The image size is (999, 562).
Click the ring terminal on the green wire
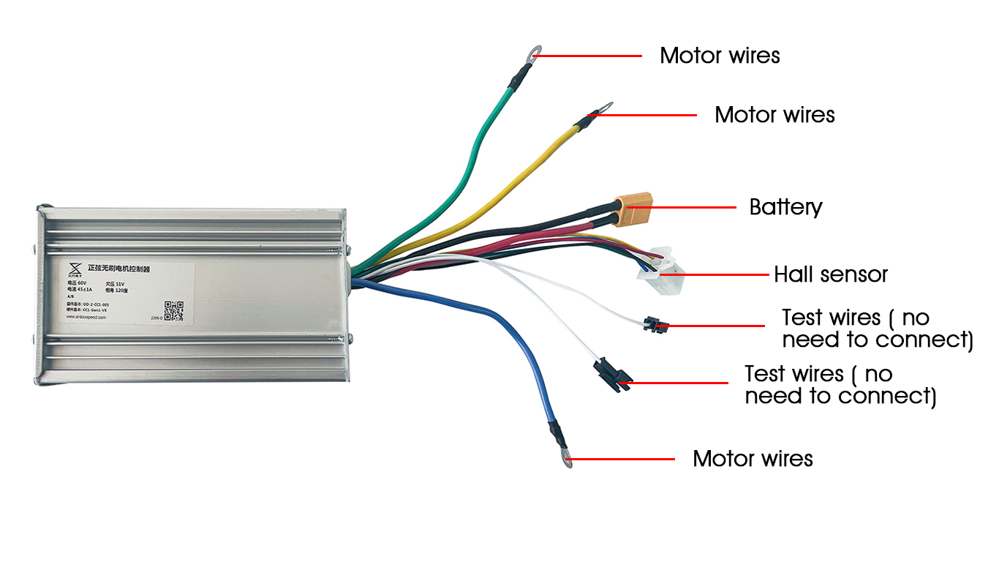coord(535,52)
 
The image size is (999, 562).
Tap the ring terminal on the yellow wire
coord(606,108)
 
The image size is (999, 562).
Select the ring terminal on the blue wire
coord(567,459)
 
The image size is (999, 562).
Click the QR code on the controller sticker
coord(173,310)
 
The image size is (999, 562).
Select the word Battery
coord(785,207)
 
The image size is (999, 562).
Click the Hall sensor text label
coord(831,274)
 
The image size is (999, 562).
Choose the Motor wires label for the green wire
coord(720,56)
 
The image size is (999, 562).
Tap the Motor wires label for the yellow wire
coord(774,115)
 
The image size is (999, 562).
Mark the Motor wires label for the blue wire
coord(753,459)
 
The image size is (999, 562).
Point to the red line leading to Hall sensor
coord(717,274)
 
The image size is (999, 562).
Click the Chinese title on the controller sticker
coord(118,269)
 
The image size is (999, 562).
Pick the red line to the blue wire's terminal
coord(622,459)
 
